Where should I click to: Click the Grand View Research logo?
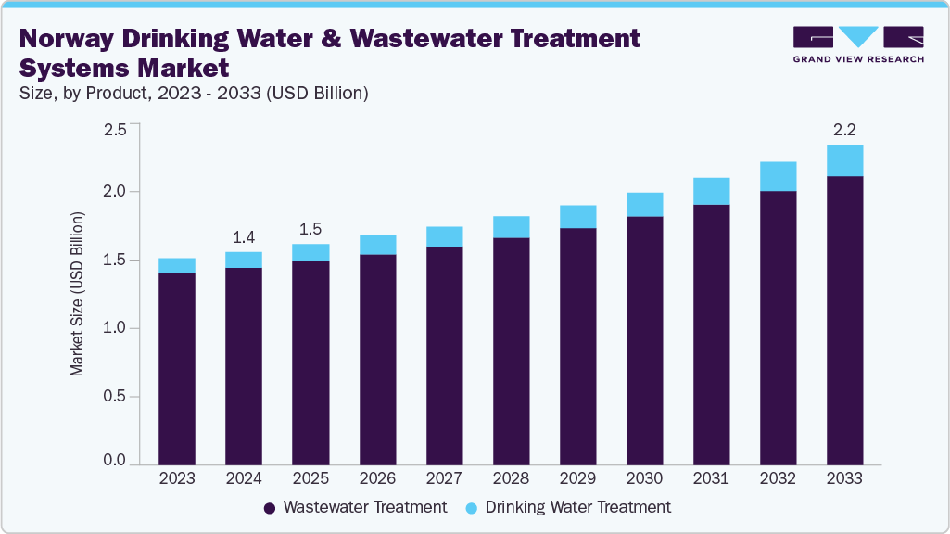click(x=858, y=44)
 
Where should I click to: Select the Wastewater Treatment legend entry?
click(x=355, y=507)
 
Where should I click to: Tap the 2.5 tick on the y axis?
click(x=114, y=129)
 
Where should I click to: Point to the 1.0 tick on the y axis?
click(x=114, y=328)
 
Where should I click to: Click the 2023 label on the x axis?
click(x=176, y=478)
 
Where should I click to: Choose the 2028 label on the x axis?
click(x=511, y=478)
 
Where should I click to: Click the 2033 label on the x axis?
click(x=844, y=478)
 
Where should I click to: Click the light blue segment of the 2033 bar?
click(x=844, y=160)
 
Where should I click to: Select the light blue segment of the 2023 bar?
click(x=176, y=266)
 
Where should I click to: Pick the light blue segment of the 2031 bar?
click(x=711, y=191)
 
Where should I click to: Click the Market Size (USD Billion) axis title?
click(x=78, y=294)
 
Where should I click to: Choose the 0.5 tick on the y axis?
click(x=114, y=397)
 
